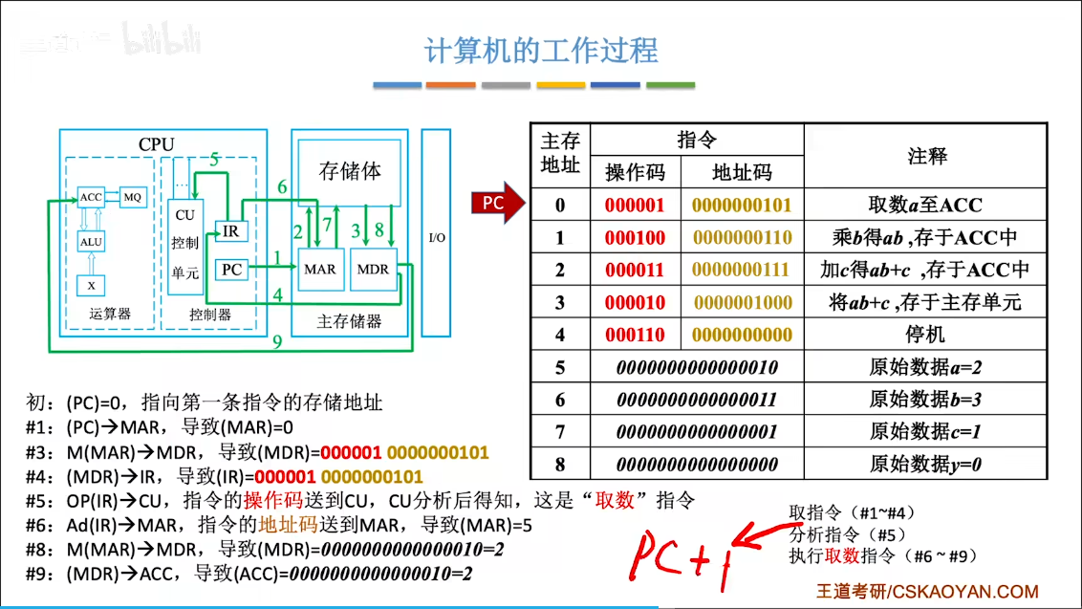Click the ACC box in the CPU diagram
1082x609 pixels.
(92, 197)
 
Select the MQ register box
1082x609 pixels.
(133, 197)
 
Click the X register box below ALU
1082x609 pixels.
(92, 285)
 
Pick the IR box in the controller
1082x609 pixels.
(230, 230)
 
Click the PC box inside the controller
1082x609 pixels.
(231, 270)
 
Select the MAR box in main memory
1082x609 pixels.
(319, 270)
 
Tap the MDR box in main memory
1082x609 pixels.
(373, 270)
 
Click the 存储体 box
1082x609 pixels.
(349, 172)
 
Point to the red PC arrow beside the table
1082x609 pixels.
(497, 203)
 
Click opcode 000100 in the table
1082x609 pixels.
(634, 237)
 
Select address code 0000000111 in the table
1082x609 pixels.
(742, 270)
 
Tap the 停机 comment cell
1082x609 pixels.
(925, 335)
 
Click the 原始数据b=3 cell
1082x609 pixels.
(925, 400)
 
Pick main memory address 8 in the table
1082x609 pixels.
(560, 465)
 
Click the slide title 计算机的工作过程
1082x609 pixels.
(541, 50)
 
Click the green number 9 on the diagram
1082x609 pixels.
(276, 341)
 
